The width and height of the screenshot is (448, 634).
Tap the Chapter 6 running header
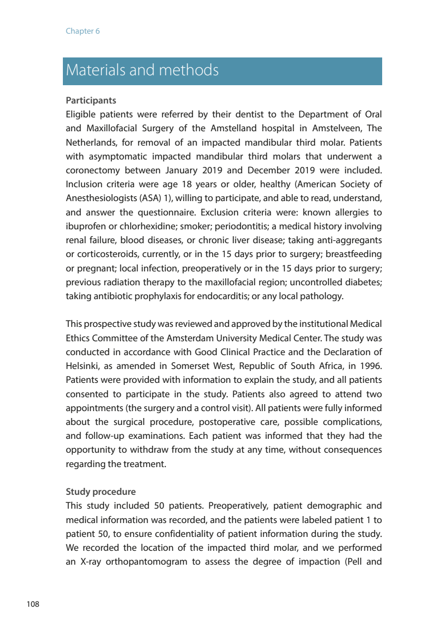tap(83, 31)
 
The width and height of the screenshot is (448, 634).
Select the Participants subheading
tap(91, 101)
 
